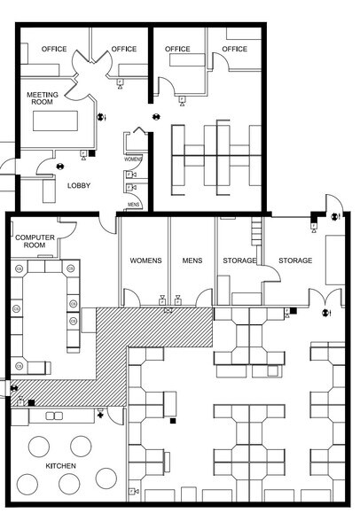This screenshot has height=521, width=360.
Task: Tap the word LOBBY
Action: coord(80,184)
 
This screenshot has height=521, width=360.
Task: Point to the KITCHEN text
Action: coord(60,466)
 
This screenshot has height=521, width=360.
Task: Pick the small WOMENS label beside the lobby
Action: coord(134,159)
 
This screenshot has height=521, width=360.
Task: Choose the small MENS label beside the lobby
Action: coord(134,205)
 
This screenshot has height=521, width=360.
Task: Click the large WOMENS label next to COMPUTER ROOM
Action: coord(145,260)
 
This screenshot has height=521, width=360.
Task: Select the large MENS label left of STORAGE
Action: coord(192,260)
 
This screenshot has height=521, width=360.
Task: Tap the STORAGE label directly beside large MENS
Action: coord(239,260)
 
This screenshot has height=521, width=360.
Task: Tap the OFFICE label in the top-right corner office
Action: coord(234,49)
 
